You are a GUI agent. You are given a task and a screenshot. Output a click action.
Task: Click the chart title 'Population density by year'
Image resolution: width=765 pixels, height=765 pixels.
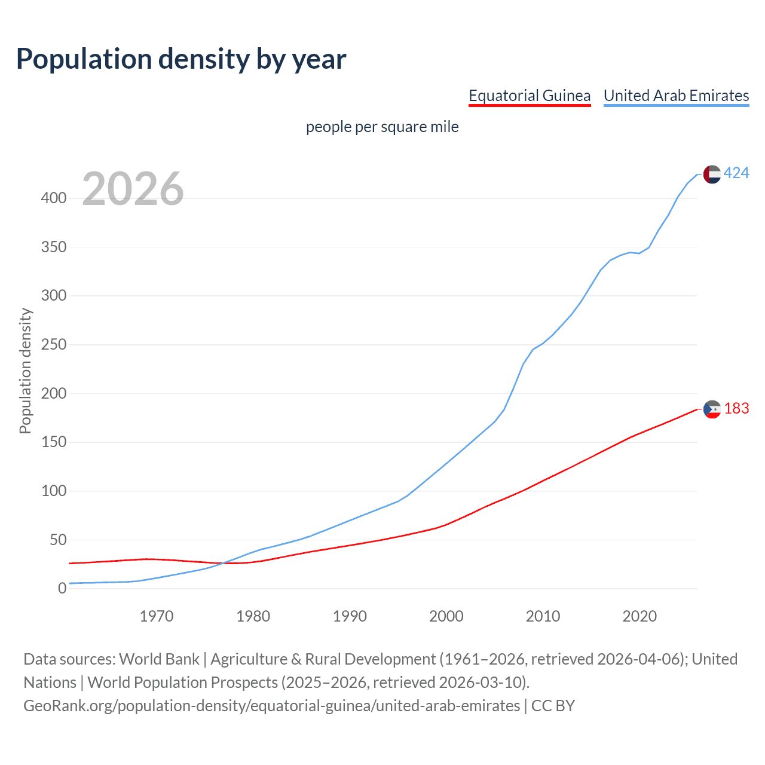point(181,59)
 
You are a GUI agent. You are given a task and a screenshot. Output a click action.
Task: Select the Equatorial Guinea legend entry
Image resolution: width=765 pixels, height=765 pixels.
point(530,96)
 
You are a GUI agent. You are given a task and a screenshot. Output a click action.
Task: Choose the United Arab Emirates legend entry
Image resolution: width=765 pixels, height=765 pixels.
point(676,96)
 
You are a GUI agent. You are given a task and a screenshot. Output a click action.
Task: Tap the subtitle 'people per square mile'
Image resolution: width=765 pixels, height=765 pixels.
point(382,127)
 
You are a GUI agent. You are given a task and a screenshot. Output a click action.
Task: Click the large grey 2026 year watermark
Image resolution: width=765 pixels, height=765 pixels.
point(133,189)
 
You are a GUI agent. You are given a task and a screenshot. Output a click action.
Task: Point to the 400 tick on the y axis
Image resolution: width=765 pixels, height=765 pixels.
point(54,198)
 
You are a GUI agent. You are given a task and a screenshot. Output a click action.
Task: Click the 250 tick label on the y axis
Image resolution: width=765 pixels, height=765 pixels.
point(54,345)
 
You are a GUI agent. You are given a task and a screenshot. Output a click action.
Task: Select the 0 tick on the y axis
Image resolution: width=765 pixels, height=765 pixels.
point(62,589)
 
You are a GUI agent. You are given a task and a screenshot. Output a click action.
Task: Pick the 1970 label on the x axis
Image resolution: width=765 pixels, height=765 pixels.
point(157,616)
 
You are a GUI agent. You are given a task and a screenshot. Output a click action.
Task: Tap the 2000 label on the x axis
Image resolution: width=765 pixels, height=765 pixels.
point(446,616)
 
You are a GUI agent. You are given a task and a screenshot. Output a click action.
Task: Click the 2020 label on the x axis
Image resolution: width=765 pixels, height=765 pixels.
point(639,616)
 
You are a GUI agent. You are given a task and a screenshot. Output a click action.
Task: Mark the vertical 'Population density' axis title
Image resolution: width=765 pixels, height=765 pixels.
point(25,371)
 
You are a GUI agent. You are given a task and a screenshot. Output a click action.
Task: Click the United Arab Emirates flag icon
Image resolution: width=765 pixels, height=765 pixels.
point(712,174)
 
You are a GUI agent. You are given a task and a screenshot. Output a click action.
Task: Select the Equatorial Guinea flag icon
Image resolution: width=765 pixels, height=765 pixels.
point(712,409)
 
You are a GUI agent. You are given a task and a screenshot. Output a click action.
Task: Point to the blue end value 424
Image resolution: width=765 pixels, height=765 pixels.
point(736,173)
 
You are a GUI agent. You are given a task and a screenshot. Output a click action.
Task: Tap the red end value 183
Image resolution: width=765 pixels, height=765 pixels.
point(736,409)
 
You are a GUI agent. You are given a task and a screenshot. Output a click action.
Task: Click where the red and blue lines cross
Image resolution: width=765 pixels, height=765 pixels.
point(222,563)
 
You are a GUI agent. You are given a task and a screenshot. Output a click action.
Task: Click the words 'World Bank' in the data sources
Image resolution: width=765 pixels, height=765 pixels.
point(159,659)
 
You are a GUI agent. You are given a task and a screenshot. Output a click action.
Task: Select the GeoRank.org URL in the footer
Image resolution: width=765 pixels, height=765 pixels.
point(272,706)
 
